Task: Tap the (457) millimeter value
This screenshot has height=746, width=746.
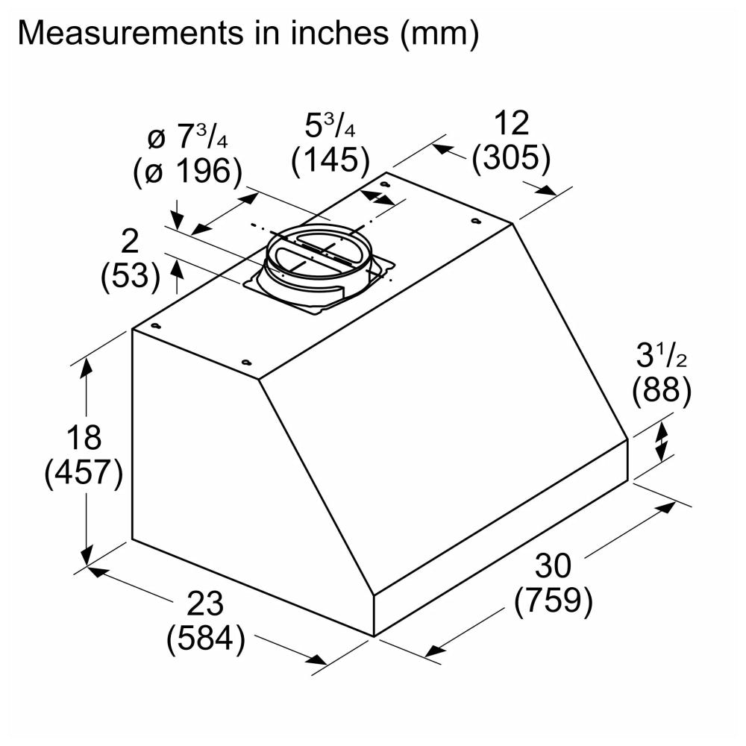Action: click(84, 474)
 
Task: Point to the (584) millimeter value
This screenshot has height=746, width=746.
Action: click(205, 639)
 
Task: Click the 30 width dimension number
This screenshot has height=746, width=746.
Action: click(553, 567)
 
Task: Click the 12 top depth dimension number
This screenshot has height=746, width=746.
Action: click(511, 122)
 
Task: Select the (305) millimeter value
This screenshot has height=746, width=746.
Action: click(511, 157)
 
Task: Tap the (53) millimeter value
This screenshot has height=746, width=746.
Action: click(131, 278)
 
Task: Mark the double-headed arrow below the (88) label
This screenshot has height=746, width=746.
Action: click(661, 441)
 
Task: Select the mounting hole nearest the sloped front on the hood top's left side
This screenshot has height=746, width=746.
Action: click(246, 363)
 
